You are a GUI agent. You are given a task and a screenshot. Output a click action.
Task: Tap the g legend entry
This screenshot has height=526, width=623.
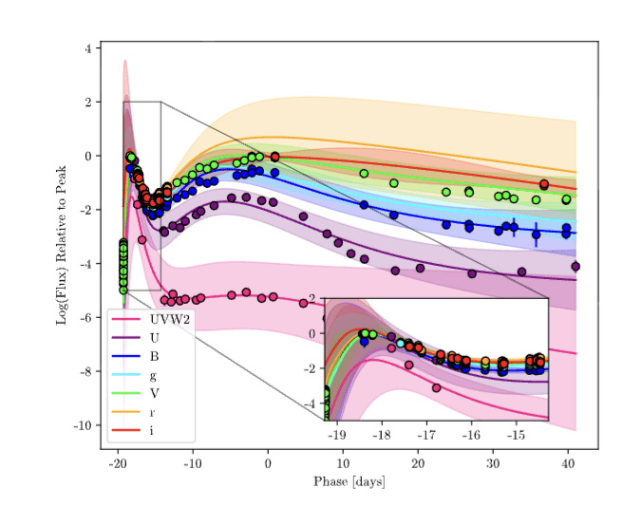(x=152, y=374)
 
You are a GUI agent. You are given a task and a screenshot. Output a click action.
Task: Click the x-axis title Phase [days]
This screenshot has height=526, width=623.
(x=349, y=482)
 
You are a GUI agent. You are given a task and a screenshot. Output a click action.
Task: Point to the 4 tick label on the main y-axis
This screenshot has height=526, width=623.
(x=88, y=48)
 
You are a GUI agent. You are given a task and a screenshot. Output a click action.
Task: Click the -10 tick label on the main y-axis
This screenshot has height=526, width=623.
(x=83, y=425)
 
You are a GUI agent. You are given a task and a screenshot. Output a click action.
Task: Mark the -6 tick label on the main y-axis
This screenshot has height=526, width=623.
(x=85, y=318)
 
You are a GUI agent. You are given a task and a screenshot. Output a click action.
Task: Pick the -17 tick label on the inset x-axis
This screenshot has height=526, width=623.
(x=426, y=434)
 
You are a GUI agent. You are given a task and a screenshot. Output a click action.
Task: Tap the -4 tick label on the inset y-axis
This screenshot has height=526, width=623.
(x=312, y=404)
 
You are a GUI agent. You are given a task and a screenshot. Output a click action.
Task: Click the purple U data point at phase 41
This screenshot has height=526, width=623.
(x=576, y=267)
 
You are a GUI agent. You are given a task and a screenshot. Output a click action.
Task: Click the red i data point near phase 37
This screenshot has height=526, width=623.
(x=544, y=184)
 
